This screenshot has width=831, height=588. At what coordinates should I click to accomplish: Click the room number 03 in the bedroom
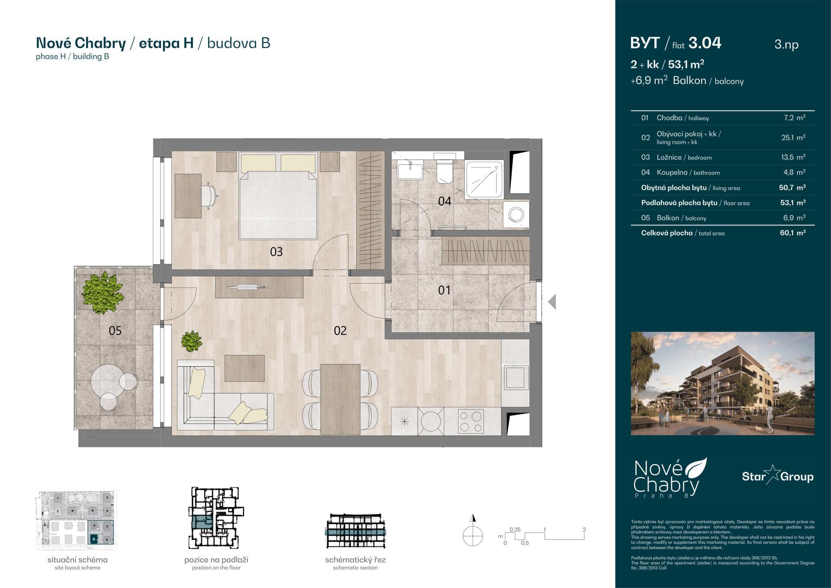[276, 252]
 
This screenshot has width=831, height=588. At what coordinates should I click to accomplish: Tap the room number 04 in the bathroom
[444, 201]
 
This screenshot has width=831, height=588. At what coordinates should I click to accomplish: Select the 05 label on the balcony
[115, 331]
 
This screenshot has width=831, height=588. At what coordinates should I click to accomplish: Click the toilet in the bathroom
[444, 172]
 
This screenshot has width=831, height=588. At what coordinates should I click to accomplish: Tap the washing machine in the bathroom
[516, 214]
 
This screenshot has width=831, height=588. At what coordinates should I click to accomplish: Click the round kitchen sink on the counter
[431, 420]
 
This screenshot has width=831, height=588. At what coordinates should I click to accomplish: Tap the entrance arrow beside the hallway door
[552, 302]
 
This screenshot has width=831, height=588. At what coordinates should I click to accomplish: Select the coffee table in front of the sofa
[245, 368]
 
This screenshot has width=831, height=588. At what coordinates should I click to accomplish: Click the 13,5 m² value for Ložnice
[793, 157]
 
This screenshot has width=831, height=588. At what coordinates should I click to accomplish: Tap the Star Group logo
[777, 476]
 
